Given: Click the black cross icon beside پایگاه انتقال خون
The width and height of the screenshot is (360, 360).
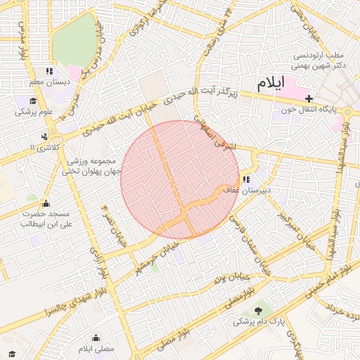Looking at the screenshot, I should pyautogui.click(x=309, y=98).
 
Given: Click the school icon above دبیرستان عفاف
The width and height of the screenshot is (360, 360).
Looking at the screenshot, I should pyautogui.click(x=246, y=179).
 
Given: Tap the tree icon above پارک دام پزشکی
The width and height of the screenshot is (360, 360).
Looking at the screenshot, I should pyautogui.click(x=259, y=309).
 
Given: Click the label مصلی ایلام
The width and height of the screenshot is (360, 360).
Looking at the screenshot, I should pyautogui.click(x=96, y=349).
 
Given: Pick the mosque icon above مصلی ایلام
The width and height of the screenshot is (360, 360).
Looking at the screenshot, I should pyautogui.click(x=96, y=337).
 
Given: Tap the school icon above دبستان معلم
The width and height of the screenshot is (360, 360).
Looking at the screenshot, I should pyautogui.click(x=49, y=71).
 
